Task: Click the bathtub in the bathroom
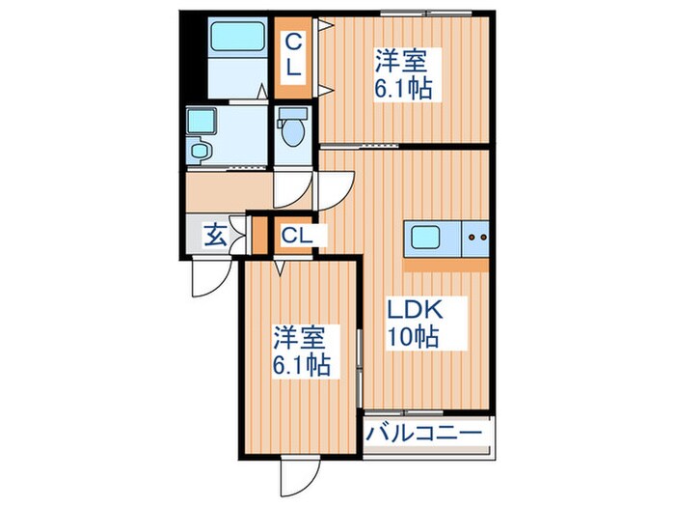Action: [236, 37]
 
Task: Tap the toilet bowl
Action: [294, 132]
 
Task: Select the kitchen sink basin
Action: [425, 238]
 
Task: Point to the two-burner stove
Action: [475, 238]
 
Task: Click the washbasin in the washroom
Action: [200, 151]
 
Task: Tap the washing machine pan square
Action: [201, 121]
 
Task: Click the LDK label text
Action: [416, 309]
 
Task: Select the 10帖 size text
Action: [414, 337]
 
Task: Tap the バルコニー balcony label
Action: [423, 434]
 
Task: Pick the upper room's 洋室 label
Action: [400, 61]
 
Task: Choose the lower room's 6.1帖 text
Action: [301, 366]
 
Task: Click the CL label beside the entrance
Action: [297, 236]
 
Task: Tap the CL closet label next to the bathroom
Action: [293, 55]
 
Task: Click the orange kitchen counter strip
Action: [446, 265]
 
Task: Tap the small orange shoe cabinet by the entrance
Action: [259, 236]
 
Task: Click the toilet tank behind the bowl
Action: [294, 114]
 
